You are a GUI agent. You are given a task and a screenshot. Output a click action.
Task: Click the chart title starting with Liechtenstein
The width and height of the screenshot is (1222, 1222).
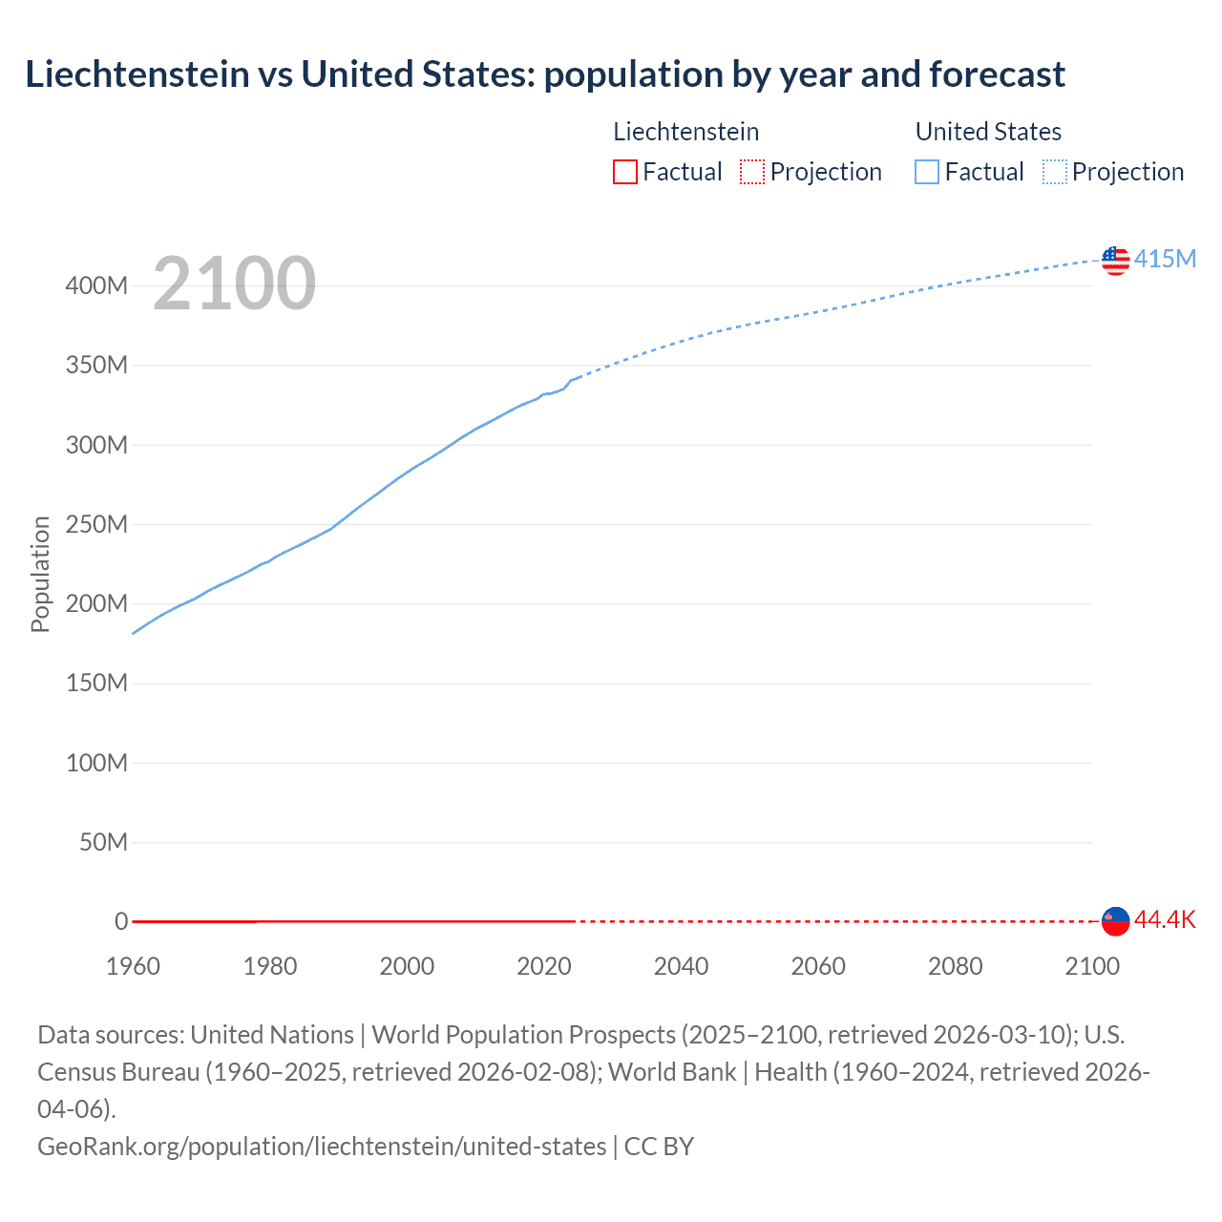pos(545,74)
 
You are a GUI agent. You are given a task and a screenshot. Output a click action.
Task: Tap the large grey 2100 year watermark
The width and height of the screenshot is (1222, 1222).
pos(234,284)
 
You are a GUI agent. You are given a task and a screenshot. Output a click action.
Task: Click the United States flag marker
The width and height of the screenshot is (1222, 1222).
pos(1115,260)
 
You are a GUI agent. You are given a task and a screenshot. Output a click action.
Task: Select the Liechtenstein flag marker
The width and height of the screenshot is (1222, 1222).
pos(1115,920)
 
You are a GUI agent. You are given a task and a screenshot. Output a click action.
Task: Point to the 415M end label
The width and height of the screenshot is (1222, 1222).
pos(1165,259)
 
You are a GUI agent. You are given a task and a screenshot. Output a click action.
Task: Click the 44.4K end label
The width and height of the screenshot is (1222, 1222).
pos(1165,919)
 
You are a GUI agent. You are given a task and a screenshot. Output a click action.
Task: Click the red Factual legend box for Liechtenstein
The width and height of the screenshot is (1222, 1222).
pos(624,172)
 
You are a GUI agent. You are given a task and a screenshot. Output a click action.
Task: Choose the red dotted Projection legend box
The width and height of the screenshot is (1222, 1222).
pos(752,172)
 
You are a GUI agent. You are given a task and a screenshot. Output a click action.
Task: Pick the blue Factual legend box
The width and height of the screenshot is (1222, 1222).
pos(926,172)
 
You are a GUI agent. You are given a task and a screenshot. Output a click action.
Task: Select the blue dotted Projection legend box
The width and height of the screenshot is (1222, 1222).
pos(1055,172)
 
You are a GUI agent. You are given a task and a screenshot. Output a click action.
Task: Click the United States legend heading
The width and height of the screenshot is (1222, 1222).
pos(988,132)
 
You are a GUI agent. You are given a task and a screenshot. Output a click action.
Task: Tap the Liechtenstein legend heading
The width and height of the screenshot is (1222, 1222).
pos(685,132)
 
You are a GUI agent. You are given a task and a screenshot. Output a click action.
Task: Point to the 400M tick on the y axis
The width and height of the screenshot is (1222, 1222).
pos(96,285)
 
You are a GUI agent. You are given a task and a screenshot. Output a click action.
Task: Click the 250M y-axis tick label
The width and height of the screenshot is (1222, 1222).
pos(96,524)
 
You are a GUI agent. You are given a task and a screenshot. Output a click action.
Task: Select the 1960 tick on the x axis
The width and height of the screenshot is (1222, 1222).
pos(133,966)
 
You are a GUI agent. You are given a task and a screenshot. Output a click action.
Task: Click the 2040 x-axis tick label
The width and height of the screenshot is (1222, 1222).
pos(681,966)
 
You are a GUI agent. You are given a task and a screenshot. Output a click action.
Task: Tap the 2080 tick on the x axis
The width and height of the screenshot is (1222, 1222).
pos(955,966)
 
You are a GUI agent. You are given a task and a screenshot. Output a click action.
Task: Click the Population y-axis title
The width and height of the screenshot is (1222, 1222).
pos(40,574)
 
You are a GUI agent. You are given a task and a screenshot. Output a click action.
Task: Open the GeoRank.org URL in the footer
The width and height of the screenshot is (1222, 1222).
pos(322,1146)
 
